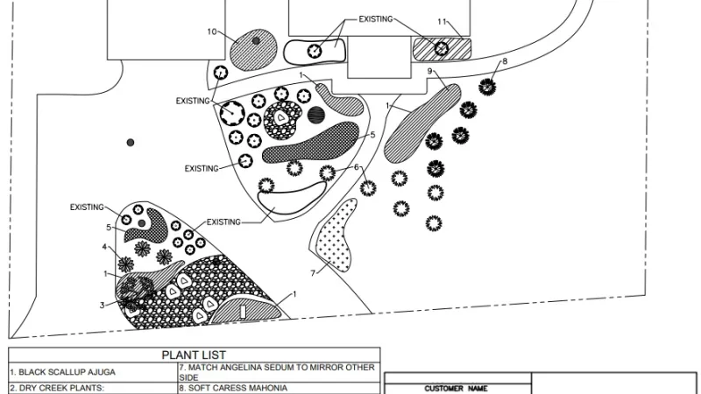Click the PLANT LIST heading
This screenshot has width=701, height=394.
point(195,355)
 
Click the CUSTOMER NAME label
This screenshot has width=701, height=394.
point(456,388)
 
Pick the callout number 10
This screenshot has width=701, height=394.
point(211,32)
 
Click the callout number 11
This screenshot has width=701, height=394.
point(443,20)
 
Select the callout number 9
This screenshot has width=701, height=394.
point(430,70)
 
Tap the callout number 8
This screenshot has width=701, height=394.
point(504,61)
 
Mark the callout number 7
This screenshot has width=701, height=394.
point(313,272)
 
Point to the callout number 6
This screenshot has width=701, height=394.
point(357,167)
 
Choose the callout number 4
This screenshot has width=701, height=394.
point(104,247)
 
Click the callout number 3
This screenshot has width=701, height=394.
point(102,305)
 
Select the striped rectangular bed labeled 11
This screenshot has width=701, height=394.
point(442,47)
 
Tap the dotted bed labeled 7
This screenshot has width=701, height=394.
point(337,235)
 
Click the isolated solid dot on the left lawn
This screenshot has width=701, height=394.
point(130,142)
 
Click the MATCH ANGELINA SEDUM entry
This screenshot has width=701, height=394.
point(278,371)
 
